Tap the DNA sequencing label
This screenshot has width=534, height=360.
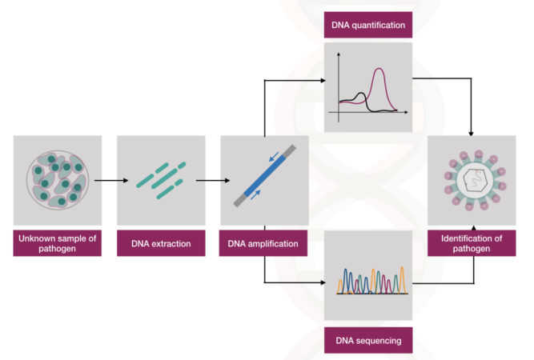click(368, 342)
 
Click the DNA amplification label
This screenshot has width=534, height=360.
click(263, 243)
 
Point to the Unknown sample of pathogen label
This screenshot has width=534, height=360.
click(58, 243)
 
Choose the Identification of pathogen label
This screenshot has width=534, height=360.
click(472, 243)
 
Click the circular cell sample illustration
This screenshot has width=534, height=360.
click(57, 180)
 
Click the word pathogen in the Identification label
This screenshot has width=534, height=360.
click(472, 249)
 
